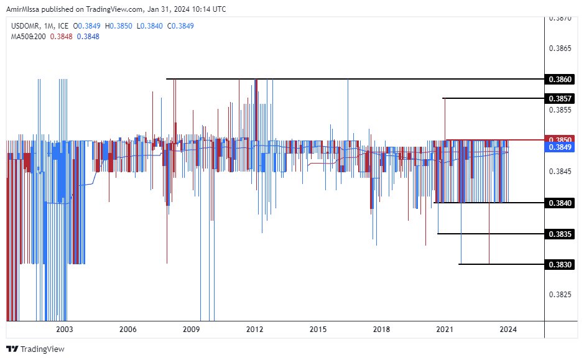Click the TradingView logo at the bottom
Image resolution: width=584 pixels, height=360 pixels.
[35, 349]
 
